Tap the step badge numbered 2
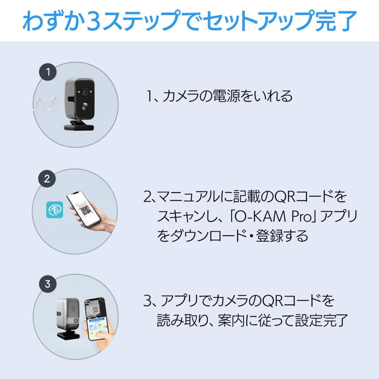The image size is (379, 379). pyautogui.click(x=47, y=178)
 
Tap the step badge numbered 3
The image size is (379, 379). pyautogui.click(x=48, y=283)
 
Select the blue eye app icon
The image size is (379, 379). pyautogui.click(x=54, y=210)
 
